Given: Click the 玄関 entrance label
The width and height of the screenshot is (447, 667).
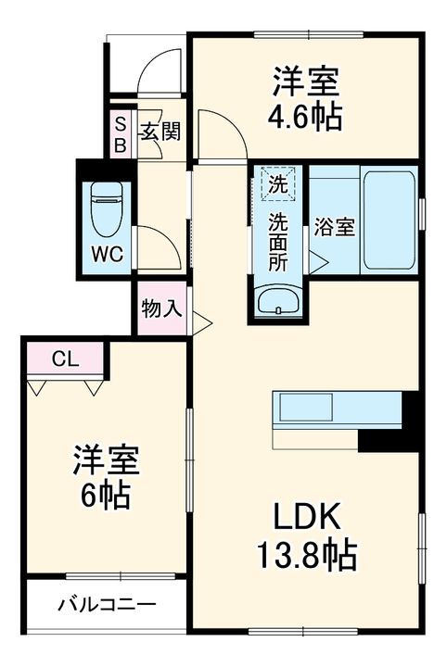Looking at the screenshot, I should tap(160, 132).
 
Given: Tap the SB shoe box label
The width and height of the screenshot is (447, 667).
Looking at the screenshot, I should tap(121, 132).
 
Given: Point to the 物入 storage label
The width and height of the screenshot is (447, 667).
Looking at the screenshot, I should tap(160, 308).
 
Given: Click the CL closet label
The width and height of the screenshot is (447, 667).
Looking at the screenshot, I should tap(65, 359).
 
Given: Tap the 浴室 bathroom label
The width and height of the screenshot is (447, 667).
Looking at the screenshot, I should tap(334, 227).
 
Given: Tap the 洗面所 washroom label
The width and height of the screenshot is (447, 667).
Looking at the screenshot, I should tap(277, 241).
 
